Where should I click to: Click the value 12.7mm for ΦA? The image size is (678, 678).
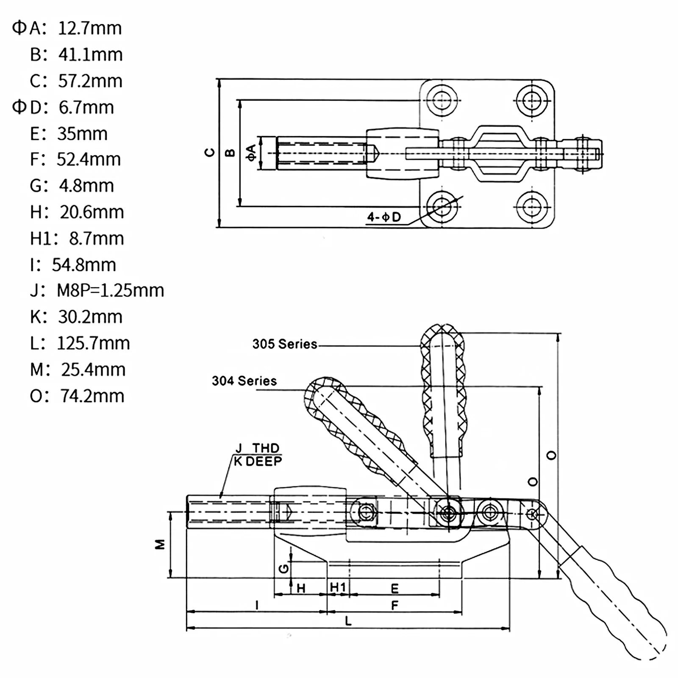90,28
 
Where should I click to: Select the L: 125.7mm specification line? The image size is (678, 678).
80,343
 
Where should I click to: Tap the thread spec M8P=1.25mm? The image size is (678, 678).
110,291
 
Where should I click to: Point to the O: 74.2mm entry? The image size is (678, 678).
77,396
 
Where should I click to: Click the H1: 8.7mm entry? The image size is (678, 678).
77,239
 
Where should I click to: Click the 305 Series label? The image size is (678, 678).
285,344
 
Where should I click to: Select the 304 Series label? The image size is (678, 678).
244,381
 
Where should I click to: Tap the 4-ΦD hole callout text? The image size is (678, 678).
384,217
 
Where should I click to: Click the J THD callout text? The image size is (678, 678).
257,448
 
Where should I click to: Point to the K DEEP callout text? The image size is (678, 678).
258,461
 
